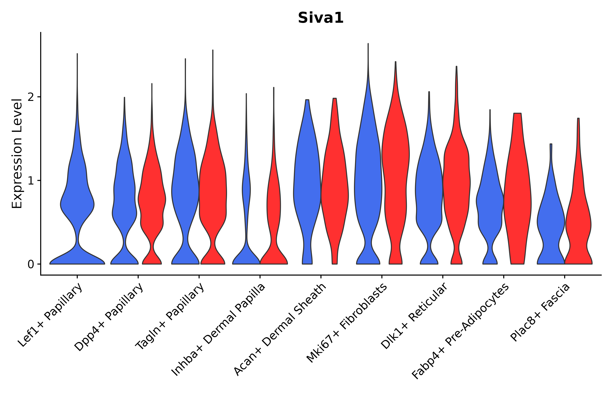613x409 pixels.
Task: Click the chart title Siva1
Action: point(321,18)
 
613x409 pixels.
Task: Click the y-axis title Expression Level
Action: point(17,153)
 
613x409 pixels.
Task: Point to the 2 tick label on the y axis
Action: point(31,97)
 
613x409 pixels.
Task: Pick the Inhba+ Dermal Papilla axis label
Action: point(218,330)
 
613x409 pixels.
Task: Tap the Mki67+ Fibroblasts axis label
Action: point(347,323)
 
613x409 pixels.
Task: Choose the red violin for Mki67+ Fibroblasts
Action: point(395,183)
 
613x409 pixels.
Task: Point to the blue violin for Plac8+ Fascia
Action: point(551,222)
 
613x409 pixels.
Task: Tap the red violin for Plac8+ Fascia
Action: point(578,222)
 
